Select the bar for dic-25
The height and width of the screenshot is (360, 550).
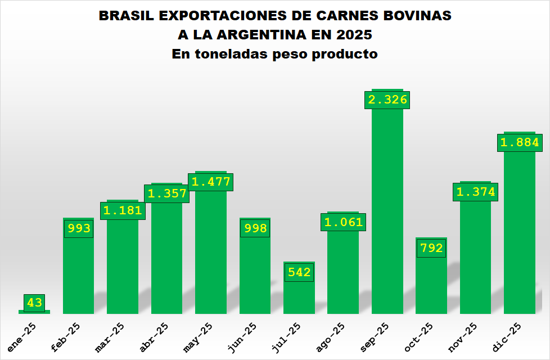tap(520, 236)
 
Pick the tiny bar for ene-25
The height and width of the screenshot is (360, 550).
tap(34, 312)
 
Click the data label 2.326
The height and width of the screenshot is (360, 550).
tap(387, 100)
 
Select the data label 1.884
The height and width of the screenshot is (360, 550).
tap(520, 142)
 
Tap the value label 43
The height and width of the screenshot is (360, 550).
tap(34, 303)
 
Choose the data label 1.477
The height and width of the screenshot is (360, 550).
tap(211, 182)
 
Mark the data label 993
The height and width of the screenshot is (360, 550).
tap(79, 228)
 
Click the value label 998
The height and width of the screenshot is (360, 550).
tap(255, 228)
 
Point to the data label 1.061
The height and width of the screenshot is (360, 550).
tap(344, 222)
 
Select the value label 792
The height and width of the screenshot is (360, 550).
tap(431, 248)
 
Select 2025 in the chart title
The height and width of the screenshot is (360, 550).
tap(354, 35)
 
